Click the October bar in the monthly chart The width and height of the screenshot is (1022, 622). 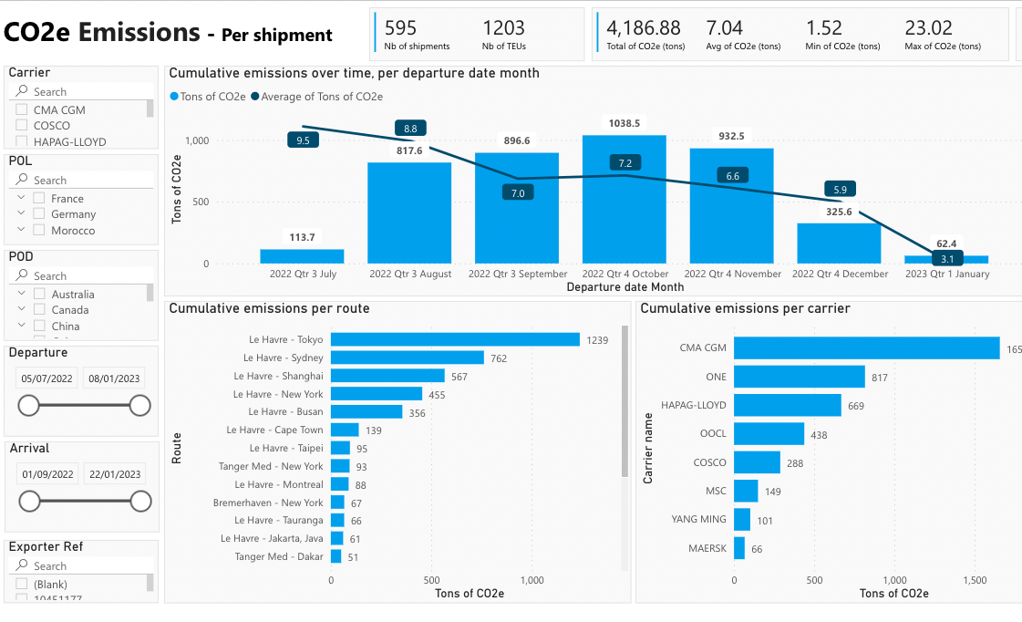point(624,201)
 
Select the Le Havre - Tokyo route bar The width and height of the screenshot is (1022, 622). point(455,339)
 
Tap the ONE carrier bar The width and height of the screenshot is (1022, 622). point(799,377)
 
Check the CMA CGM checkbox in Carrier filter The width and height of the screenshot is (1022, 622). point(21,109)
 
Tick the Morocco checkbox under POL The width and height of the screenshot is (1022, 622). point(39,231)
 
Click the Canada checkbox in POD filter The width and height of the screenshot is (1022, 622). point(39,310)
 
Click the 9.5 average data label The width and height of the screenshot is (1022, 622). point(303,140)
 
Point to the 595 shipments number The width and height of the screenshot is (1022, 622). point(400,28)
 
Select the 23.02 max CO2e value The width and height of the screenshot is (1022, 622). point(929,28)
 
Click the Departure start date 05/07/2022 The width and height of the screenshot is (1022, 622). point(46,378)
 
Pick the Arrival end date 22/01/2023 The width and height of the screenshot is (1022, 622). point(114,474)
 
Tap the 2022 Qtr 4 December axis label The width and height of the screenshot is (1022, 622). point(840,274)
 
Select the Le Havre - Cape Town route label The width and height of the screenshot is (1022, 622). point(274,430)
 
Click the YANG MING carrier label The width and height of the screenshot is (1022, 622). point(699,519)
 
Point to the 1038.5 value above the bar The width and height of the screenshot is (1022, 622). point(624,123)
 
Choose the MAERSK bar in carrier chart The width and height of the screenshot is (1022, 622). point(739,548)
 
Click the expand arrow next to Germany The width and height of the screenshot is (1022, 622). point(20,214)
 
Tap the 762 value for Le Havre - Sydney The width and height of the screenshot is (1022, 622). point(499,358)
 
